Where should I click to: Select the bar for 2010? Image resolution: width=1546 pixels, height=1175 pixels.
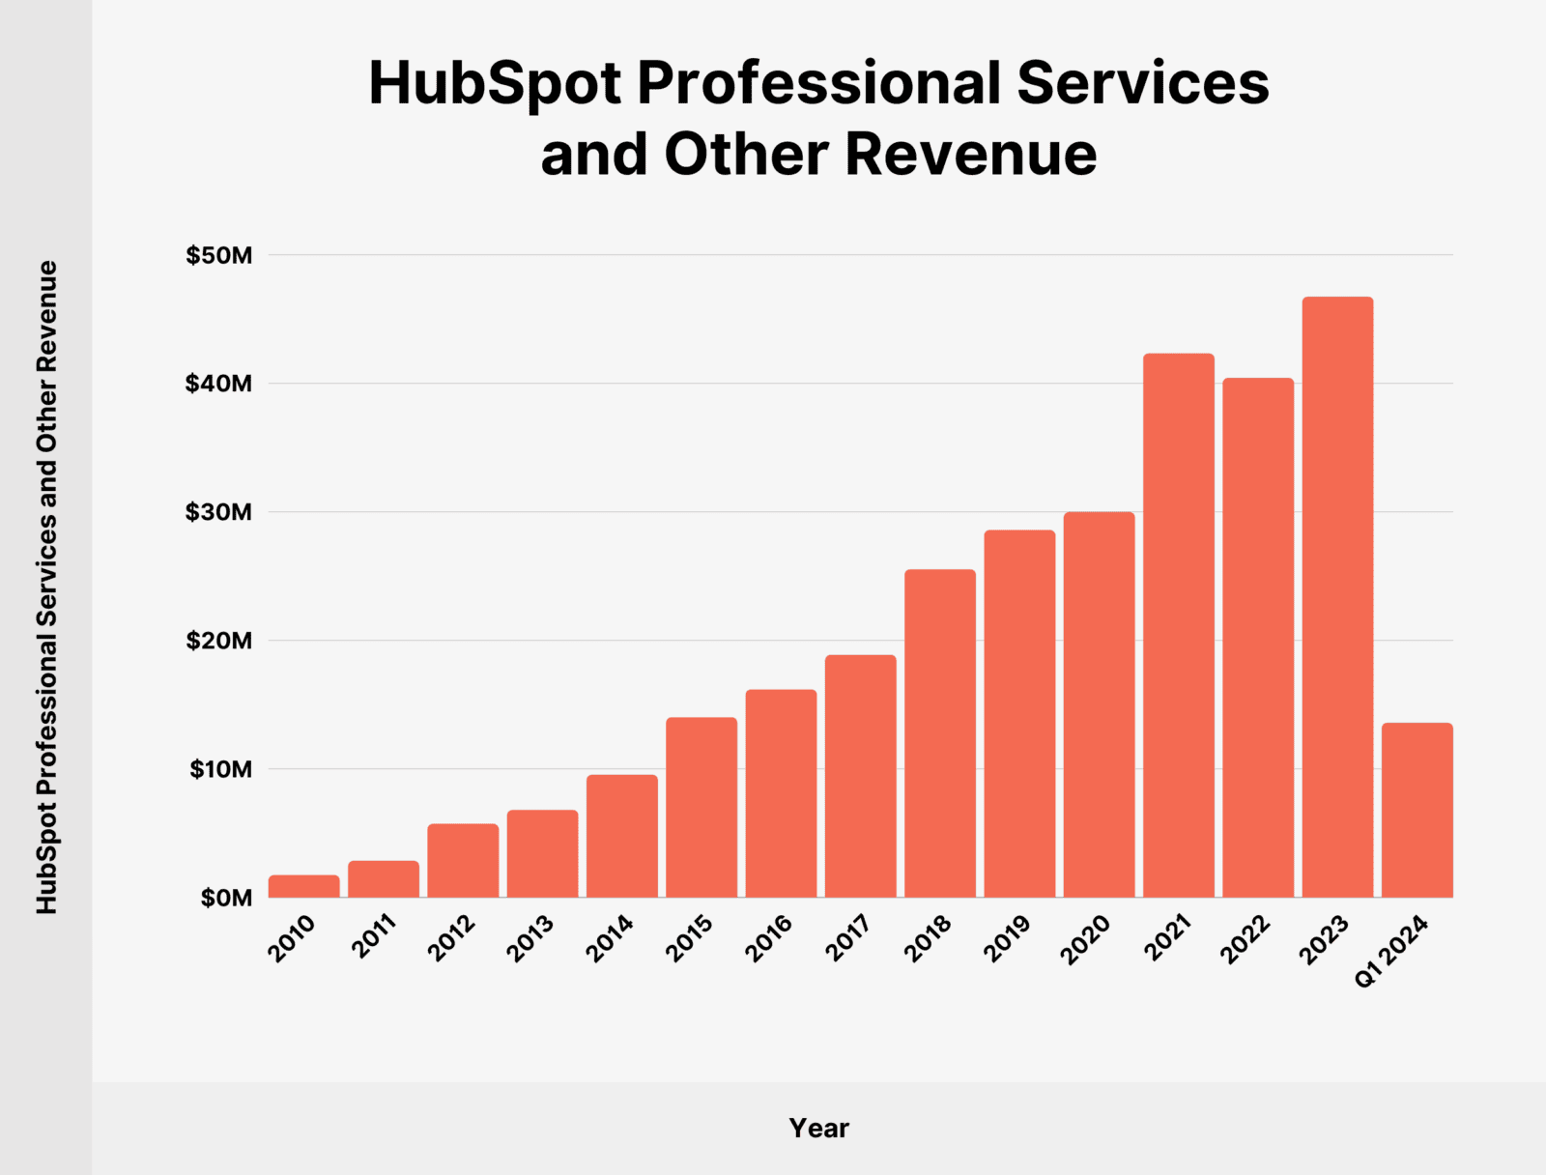click(304, 886)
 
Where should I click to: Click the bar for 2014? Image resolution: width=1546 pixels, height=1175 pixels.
click(622, 836)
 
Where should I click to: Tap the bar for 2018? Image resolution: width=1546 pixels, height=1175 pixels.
click(940, 733)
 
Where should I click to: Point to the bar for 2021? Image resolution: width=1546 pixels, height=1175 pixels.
click(1179, 625)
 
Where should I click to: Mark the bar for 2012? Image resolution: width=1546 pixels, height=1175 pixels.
click(463, 860)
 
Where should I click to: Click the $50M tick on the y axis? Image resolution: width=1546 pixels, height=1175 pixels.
click(219, 256)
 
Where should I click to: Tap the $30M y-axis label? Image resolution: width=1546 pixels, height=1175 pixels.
click(219, 512)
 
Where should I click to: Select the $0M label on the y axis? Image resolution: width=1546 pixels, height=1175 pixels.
click(226, 899)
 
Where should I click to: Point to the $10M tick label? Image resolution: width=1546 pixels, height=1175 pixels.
click(220, 770)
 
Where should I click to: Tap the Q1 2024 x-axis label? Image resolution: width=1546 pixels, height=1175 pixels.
click(1391, 952)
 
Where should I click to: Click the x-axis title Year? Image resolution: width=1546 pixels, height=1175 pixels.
click(818, 1128)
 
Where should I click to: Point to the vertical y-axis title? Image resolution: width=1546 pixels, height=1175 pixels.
click(47, 587)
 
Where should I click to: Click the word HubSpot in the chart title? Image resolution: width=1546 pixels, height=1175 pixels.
click(495, 83)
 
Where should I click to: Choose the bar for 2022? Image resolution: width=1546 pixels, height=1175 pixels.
click(1258, 638)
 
